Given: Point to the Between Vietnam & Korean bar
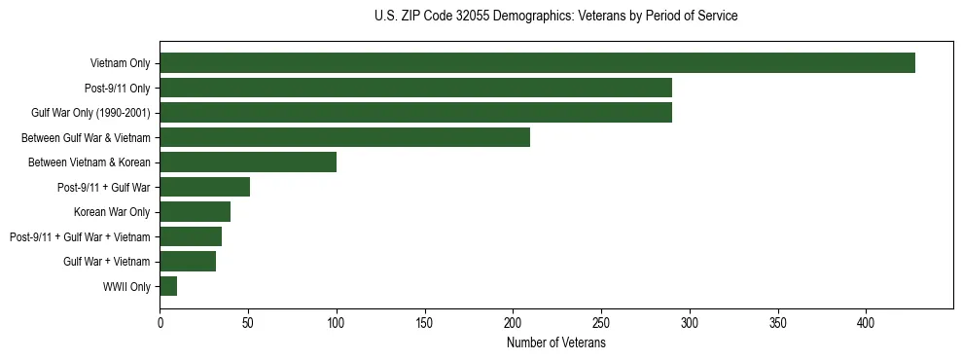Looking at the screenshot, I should click(248, 162).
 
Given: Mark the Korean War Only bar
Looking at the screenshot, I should click(195, 212).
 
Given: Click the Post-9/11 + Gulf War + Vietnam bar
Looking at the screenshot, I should click(191, 236).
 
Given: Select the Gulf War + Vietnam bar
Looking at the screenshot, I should click(188, 262).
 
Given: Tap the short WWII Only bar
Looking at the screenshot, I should click(168, 286).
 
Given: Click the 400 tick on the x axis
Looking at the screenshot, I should click(867, 322).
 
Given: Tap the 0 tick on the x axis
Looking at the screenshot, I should click(160, 322).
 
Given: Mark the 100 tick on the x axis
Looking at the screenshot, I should click(337, 322).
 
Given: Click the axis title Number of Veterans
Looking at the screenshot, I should click(555, 343).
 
